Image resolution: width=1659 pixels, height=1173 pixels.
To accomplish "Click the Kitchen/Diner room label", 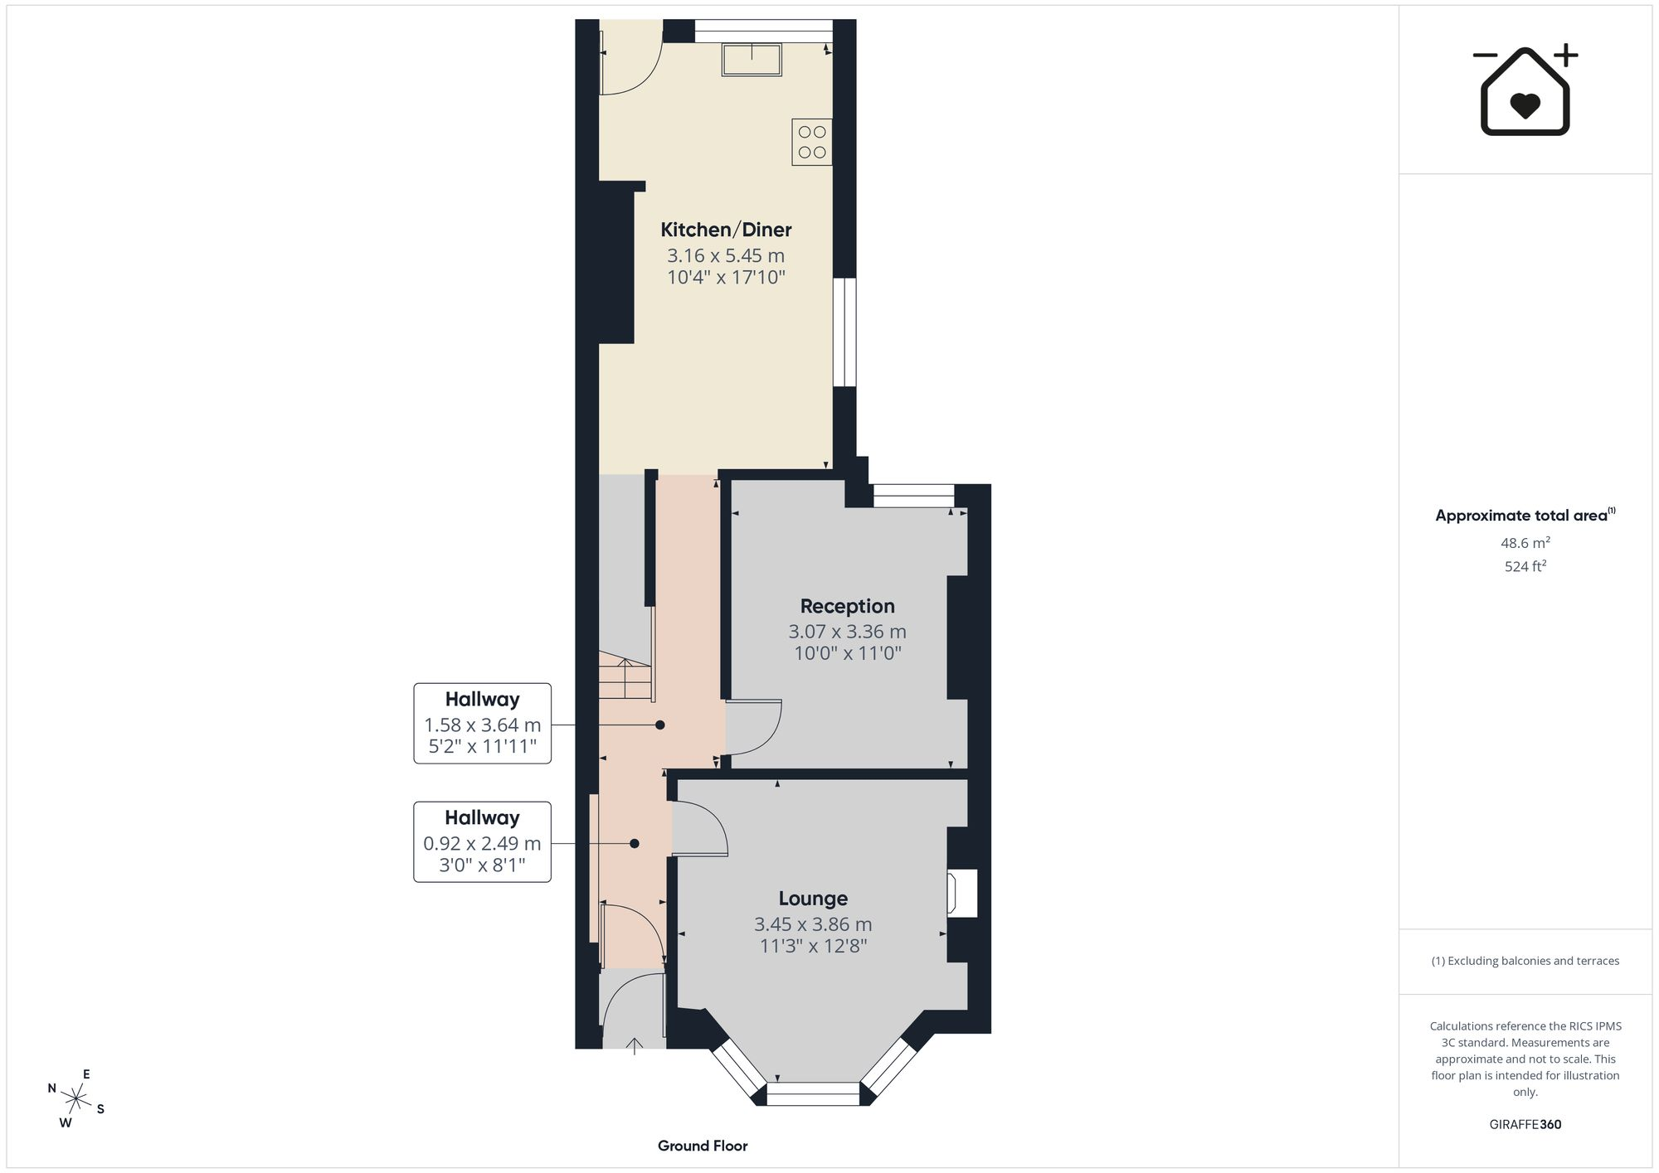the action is pyautogui.click(x=726, y=230).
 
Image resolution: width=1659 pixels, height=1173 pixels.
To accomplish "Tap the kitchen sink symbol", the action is pyautogui.click(x=752, y=60).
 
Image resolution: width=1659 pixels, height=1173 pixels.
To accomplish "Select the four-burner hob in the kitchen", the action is pyautogui.click(x=812, y=142).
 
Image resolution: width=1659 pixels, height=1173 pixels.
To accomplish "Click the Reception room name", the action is pyautogui.click(x=847, y=606).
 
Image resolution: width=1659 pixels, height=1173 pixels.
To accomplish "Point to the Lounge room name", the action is pyautogui.click(x=813, y=898).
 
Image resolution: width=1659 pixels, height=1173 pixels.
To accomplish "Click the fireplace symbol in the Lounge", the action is pyautogui.click(x=962, y=893).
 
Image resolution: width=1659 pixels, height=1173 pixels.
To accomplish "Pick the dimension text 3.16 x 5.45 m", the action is pyautogui.click(x=726, y=255).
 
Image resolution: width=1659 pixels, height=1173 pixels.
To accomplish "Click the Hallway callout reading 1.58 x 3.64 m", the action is pyautogui.click(x=482, y=724).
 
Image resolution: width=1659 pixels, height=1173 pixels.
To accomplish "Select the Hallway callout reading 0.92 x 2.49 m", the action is pyautogui.click(x=482, y=841).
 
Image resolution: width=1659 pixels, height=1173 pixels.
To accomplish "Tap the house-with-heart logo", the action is pyautogui.click(x=1525, y=91).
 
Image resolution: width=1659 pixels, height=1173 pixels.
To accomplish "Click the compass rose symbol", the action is pyautogui.click(x=76, y=1099).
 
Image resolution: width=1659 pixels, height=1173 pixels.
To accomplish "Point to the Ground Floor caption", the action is pyautogui.click(x=703, y=1146).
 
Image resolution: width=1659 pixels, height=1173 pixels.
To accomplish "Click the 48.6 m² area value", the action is pyautogui.click(x=1525, y=543).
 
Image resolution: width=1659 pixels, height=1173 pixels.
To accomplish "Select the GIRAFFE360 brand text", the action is pyautogui.click(x=1525, y=1124).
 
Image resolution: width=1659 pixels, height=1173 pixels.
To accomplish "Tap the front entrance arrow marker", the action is pyautogui.click(x=635, y=1045).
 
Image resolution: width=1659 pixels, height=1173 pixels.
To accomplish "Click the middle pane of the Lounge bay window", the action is pyautogui.click(x=813, y=1094).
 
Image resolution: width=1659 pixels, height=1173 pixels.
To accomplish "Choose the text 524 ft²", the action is pyautogui.click(x=1525, y=566).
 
